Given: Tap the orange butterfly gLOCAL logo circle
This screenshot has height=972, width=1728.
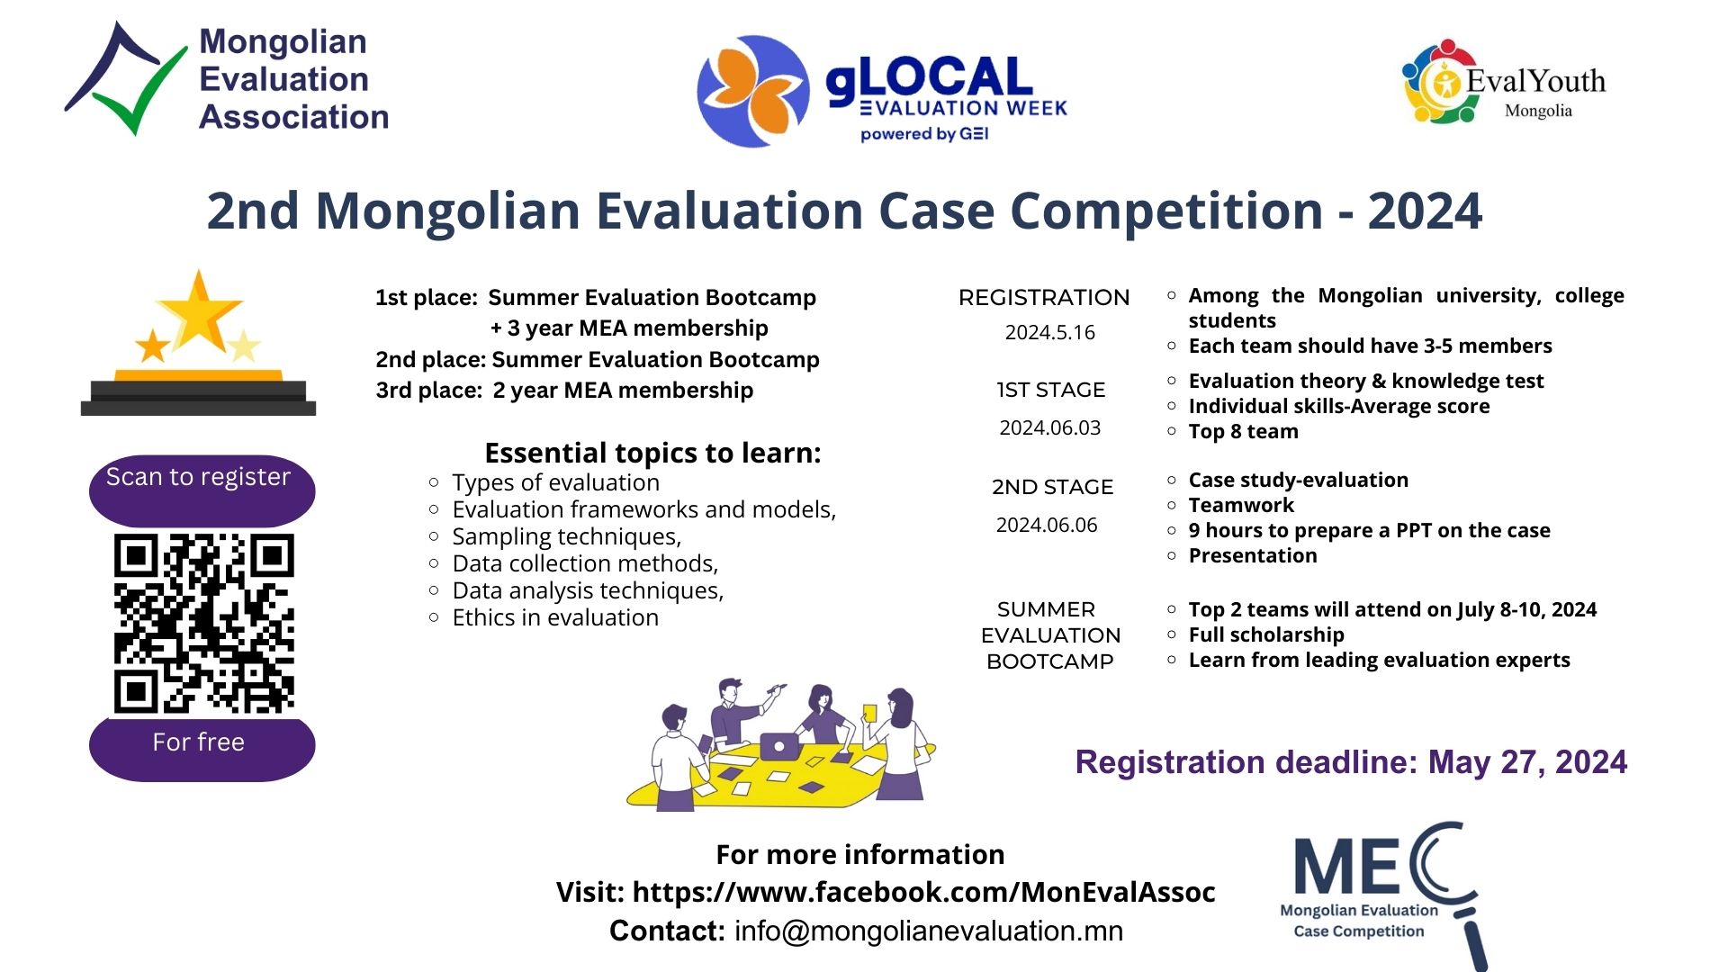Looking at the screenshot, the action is click(753, 91).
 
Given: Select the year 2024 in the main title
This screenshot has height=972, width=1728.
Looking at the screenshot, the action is click(1425, 211).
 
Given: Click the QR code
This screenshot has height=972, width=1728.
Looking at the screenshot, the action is click(204, 623).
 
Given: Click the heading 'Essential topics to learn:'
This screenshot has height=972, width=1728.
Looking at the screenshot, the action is click(652, 453).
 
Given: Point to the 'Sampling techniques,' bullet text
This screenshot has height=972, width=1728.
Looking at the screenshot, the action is click(567, 536).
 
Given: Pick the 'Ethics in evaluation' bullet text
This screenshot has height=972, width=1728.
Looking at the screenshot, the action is click(555, 617).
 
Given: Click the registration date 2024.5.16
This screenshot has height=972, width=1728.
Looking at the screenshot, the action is click(1049, 332).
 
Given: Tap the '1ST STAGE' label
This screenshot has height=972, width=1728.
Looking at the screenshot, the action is click(1050, 390).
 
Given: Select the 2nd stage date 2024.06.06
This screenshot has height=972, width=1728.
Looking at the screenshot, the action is click(1047, 525).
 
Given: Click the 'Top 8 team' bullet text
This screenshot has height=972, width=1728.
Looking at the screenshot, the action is click(1243, 431).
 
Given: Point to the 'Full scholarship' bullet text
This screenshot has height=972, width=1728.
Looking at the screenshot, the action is click(1266, 634).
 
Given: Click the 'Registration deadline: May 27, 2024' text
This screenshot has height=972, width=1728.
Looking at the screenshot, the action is click(1351, 762).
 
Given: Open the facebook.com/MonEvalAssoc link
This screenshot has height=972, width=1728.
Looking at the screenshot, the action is click(923, 892).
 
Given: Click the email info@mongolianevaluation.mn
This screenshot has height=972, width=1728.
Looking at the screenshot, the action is click(929, 931).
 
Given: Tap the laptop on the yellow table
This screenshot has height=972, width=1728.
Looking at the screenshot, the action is click(779, 745).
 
